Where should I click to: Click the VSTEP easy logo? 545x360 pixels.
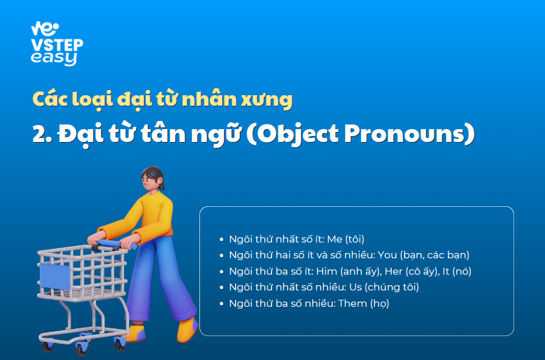(x=57, y=44)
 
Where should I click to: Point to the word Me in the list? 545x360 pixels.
(x=334, y=239)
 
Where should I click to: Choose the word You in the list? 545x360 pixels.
(x=387, y=255)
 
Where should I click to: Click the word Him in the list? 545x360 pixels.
(x=326, y=271)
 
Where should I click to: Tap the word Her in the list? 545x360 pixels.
(x=394, y=271)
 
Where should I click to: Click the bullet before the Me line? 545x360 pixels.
(x=222, y=240)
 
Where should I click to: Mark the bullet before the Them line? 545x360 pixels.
(x=222, y=304)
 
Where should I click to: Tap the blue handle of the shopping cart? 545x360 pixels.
(x=115, y=245)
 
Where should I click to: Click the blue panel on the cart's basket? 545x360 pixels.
(x=55, y=276)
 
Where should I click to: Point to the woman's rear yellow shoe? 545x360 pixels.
(x=188, y=330)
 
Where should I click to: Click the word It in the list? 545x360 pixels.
(x=446, y=271)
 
